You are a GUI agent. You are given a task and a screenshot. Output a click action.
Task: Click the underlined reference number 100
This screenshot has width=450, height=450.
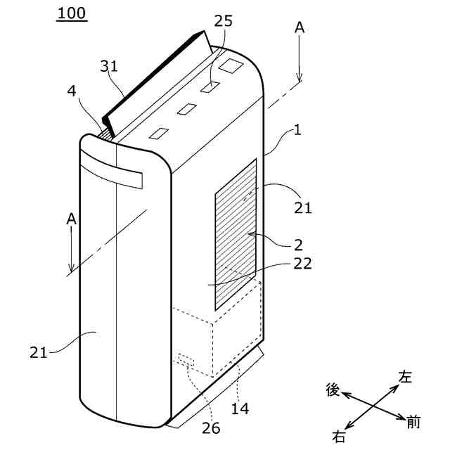[x=73, y=13]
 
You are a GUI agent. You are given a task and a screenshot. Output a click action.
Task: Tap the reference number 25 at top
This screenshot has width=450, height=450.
[x=223, y=21]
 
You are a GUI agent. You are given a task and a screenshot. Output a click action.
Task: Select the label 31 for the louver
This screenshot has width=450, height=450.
[x=109, y=67]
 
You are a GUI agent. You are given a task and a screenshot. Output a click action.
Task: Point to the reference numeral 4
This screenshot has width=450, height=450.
[x=72, y=91]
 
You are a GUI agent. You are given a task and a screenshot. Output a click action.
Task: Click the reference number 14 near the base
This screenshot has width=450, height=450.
[x=240, y=408]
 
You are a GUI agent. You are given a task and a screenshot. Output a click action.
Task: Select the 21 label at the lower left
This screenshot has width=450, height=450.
[x=39, y=352]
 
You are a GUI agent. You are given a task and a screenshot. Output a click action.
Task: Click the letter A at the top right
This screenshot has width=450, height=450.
[x=300, y=27]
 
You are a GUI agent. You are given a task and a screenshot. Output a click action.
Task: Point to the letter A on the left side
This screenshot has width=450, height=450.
[x=71, y=219]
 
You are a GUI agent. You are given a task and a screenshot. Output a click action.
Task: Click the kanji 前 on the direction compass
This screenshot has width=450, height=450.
[x=413, y=422]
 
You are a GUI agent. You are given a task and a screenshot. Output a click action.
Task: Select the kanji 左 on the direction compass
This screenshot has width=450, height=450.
[x=406, y=376]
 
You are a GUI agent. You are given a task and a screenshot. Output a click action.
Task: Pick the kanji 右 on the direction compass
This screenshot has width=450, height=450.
[x=339, y=437]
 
